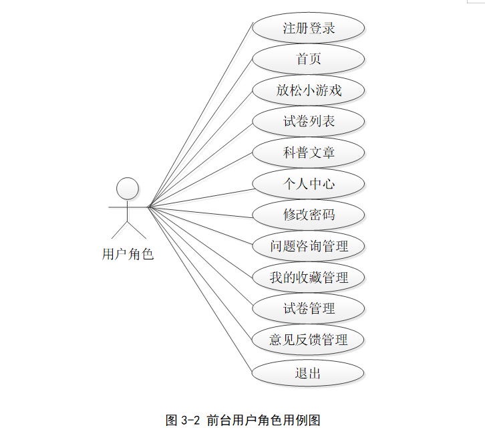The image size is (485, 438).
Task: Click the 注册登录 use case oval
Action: click(309, 28)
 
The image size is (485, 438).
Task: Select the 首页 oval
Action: click(309, 59)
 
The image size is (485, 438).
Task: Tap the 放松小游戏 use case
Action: click(309, 90)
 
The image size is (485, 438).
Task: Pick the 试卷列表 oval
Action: click(309, 121)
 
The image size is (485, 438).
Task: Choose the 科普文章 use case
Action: click(309, 152)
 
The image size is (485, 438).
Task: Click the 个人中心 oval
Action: click(309, 184)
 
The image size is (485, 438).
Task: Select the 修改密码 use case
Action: click(309, 215)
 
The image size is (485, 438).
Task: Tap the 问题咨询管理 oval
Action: click(309, 246)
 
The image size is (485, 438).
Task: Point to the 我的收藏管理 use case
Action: click(309, 277)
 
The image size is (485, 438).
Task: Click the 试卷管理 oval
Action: click(309, 308)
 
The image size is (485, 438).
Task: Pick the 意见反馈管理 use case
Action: click(309, 340)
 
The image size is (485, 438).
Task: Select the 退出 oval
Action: click(309, 372)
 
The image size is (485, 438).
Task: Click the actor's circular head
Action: click(128, 188)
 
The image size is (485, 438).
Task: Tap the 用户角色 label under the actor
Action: click(128, 254)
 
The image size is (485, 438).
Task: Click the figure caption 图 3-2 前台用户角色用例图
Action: click(243, 421)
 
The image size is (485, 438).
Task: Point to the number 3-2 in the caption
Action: click(190, 421)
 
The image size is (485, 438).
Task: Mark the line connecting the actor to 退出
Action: click(200, 291)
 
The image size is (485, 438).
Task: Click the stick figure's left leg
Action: click(120, 230)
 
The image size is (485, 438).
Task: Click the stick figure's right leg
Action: click(137, 230)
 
